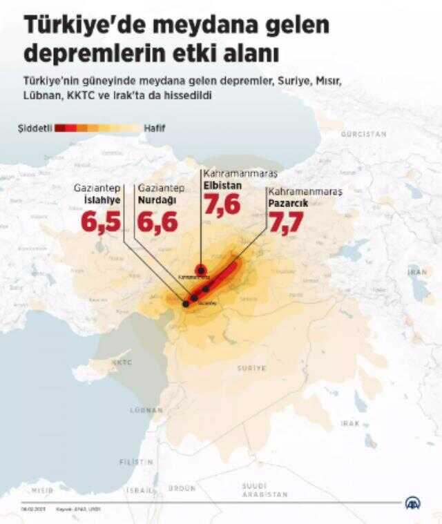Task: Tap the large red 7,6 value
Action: tap(222, 205)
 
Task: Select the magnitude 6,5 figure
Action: tap(100, 222)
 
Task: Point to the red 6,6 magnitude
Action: tap(157, 222)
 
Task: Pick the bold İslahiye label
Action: tap(97, 200)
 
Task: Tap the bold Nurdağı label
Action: tap(156, 200)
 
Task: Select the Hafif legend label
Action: tap(154, 128)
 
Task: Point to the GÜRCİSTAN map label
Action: tap(363, 133)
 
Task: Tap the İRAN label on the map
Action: tap(417, 273)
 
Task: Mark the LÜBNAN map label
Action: tap(145, 410)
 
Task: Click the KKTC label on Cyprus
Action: tap(122, 362)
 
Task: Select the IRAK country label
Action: tap(350, 423)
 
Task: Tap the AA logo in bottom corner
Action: tap(414, 505)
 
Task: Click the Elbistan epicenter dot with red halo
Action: tap(201, 269)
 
